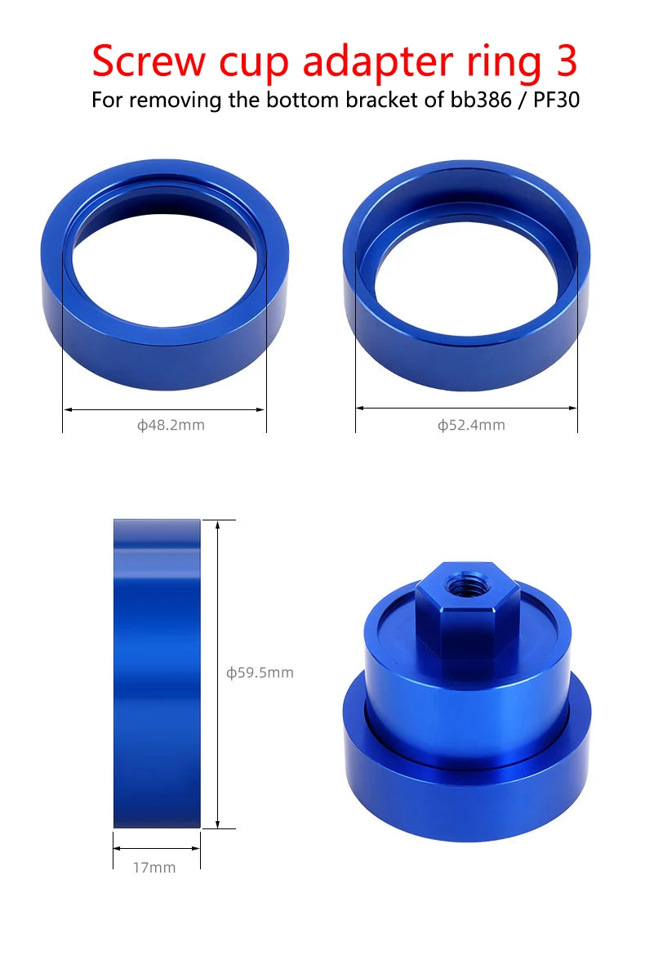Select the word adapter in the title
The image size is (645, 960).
tap(378, 62)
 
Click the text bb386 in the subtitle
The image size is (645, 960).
tap(481, 99)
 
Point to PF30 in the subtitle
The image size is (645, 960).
tap(556, 99)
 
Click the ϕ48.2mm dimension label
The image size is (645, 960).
tap(171, 425)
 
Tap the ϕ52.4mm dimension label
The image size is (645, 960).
tap(471, 425)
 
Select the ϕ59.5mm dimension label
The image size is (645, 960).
tap(260, 672)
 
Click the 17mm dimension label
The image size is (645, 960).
tap(154, 868)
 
